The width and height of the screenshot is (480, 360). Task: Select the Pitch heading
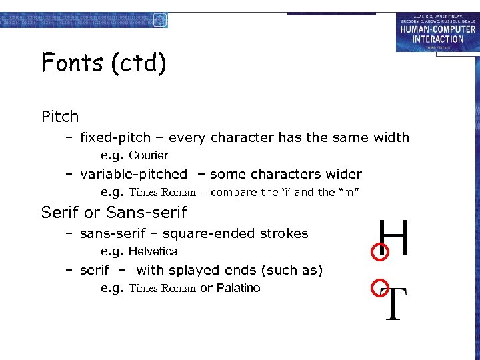[x=60, y=117]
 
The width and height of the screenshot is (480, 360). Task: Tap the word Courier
[x=148, y=155]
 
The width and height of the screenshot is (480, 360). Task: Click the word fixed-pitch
[x=115, y=138]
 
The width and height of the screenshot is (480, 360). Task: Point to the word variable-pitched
[x=133, y=174]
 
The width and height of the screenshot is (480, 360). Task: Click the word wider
[x=342, y=174]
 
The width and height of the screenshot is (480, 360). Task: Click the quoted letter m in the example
[x=351, y=193]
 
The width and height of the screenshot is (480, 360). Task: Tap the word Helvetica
[x=153, y=251]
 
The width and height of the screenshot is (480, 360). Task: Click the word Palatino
[x=238, y=288]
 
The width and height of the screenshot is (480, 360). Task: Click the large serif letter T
[x=395, y=303]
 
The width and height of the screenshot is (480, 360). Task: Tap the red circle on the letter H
[x=379, y=251]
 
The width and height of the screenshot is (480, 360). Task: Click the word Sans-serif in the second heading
[x=147, y=213]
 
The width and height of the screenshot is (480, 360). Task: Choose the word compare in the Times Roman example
[x=233, y=193]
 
